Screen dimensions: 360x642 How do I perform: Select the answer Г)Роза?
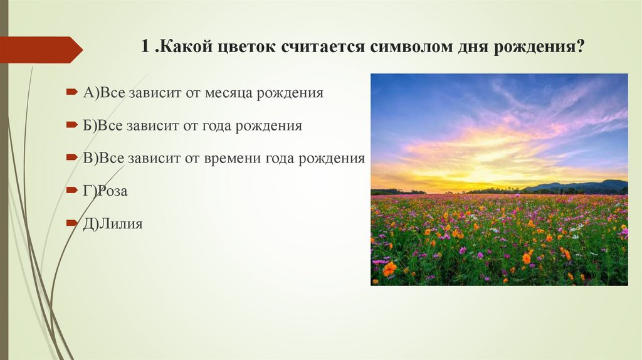click(x=105, y=191)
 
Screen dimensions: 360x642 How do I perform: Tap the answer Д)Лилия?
click(x=112, y=223)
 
